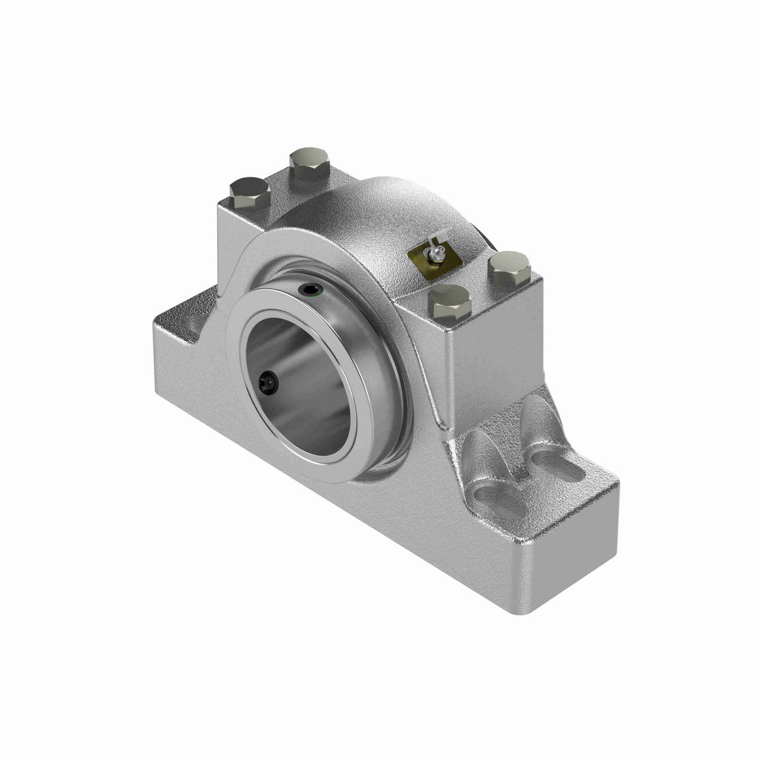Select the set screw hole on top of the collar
point(310,291)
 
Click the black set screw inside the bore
point(267,382)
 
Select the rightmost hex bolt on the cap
point(510,267)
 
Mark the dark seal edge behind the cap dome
point(488,244)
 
